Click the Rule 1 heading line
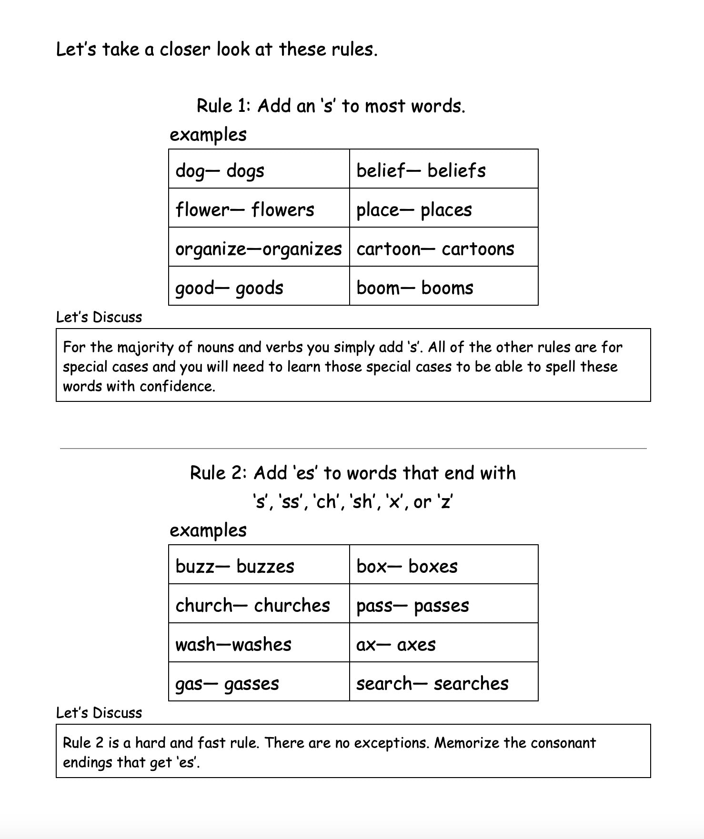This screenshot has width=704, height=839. (x=331, y=106)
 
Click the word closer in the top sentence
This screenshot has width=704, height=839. (x=185, y=50)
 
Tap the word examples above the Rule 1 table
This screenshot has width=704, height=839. (x=208, y=135)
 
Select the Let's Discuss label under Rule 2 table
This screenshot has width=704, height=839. (x=99, y=713)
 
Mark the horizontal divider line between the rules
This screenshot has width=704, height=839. (x=353, y=449)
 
